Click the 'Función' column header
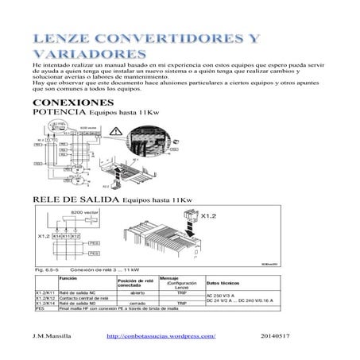click(x=68, y=279)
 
